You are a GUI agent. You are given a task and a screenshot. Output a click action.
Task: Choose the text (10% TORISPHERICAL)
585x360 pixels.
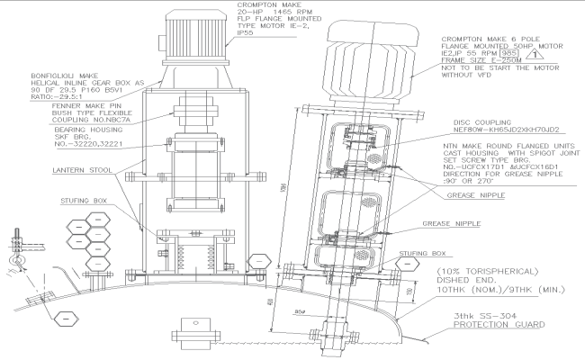point(490,271)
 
